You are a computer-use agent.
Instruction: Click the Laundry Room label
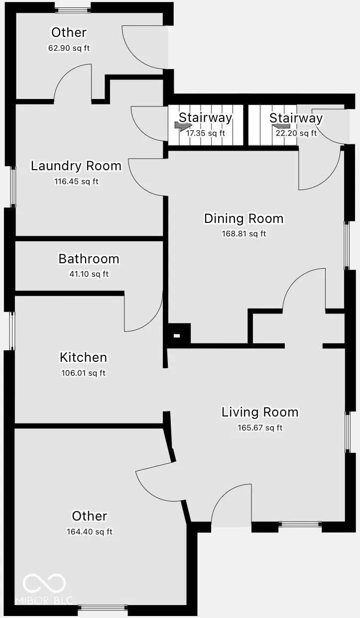pyautogui.click(x=76, y=166)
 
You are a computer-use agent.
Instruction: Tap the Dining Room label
pyautogui.click(x=244, y=218)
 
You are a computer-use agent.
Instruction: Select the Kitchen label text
pyautogui.click(x=83, y=357)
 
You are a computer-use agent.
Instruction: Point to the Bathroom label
pyautogui.click(x=89, y=259)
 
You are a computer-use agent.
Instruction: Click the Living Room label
pyautogui.click(x=260, y=412)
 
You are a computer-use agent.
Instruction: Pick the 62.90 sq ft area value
pyautogui.click(x=69, y=48)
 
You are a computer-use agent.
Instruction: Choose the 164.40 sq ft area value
pyautogui.click(x=90, y=531)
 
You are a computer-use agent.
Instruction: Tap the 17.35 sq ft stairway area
pyautogui.click(x=206, y=133)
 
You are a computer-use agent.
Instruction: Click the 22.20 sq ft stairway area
pyautogui.click(x=296, y=133)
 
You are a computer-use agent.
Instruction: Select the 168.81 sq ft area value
pyautogui.click(x=244, y=234)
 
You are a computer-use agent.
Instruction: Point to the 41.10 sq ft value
pyautogui.click(x=89, y=274)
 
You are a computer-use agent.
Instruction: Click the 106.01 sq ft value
pyautogui.click(x=83, y=373)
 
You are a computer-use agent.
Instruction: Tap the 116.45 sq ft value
pyautogui.click(x=77, y=182)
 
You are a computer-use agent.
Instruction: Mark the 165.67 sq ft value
pyautogui.click(x=260, y=427)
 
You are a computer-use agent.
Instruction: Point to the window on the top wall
pyautogui.click(x=73, y=10)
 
